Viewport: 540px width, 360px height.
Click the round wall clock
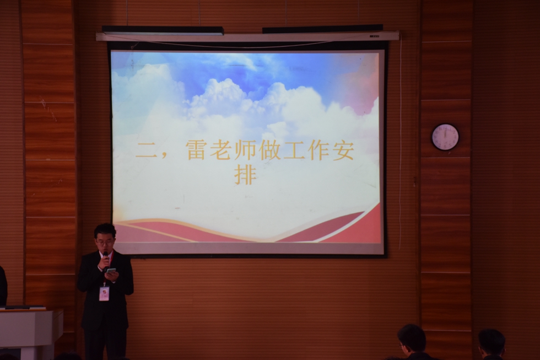[x=445, y=137]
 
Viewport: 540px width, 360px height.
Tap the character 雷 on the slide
[x=196, y=150]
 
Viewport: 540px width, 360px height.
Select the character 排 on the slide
[x=245, y=175]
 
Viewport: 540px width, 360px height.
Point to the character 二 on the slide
[x=146, y=151]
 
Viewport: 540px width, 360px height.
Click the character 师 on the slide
[x=245, y=150]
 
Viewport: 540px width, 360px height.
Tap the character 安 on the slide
[x=343, y=150]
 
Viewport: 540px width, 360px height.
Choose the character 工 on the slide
[x=294, y=150]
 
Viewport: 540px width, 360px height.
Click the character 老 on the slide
[x=220, y=150]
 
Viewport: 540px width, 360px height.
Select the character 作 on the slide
[x=318, y=150]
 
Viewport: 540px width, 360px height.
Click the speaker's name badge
[x=104, y=293]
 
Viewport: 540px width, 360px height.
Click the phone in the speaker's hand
[x=110, y=270]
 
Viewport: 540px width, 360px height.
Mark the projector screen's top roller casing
[x=247, y=36]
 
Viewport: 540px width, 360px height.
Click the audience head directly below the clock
[x=412, y=341]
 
